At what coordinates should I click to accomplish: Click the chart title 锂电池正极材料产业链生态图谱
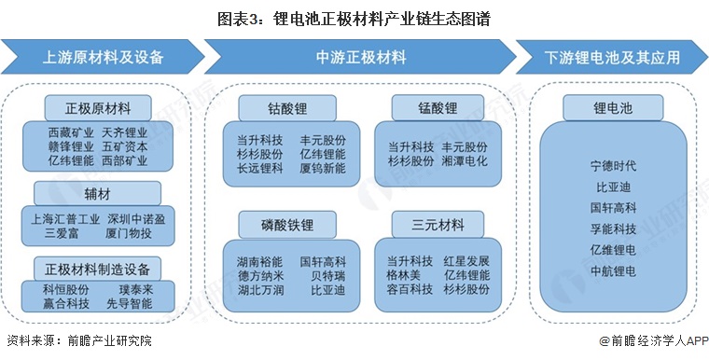354,18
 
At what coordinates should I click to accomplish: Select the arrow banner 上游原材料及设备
103,57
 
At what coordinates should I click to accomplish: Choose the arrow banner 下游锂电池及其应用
612,57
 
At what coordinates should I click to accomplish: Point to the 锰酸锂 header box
438,107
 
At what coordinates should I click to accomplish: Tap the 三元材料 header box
438,224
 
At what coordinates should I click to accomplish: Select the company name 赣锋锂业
71,146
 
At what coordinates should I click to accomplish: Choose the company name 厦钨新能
322,169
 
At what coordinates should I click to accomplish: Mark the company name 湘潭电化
464,160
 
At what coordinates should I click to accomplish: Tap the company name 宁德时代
613,166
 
